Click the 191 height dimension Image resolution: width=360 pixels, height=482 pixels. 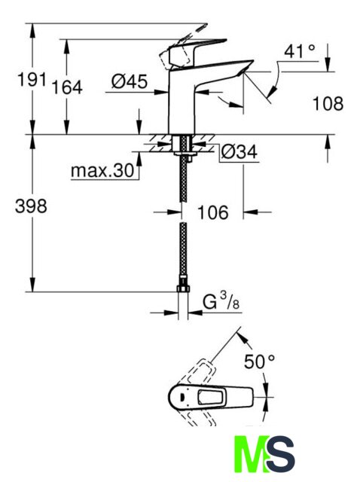point(32,80)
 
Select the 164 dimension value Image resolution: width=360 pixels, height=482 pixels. point(67,87)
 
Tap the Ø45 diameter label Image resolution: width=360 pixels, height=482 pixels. point(130,81)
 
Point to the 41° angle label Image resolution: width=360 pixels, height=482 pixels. point(300,51)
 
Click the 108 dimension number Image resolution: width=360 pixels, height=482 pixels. point(328,103)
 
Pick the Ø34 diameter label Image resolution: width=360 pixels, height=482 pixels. point(239,151)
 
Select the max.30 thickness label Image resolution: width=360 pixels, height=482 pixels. point(102,170)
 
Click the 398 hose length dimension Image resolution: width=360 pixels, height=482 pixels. point(31,206)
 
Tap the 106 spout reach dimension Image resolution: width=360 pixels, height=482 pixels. point(213,212)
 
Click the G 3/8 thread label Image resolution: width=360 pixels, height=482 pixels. point(221,301)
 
